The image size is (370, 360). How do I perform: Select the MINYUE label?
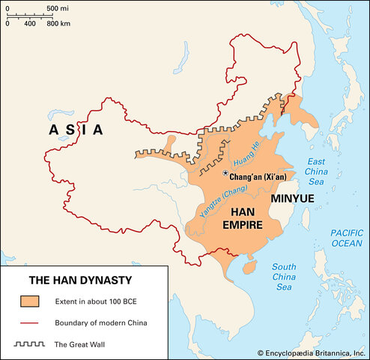[293, 199]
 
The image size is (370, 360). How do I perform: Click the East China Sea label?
[318, 172]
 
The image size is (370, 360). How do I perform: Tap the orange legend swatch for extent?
[30, 301]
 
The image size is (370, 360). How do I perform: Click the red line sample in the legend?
[30, 322]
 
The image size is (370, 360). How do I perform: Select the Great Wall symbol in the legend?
[30, 343]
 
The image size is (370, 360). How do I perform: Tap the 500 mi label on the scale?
[57, 7]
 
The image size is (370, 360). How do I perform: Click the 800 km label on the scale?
[59, 23]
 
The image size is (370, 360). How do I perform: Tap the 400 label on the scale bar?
[30, 23]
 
